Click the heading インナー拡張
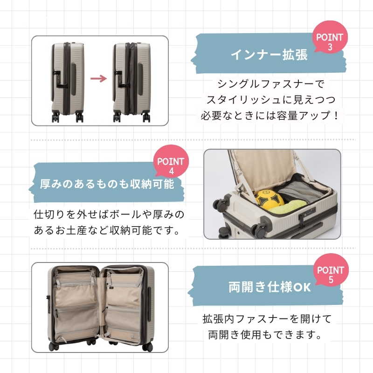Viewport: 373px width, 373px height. pyautogui.click(x=269, y=55)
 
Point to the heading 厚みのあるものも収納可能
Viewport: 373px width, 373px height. pyautogui.click(x=107, y=184)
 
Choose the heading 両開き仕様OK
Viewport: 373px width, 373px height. pyautogui.click(x=270, y=287)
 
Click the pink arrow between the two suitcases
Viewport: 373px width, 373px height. pyautogui.click(x=98, y=78)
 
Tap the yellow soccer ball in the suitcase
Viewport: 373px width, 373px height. pyautogui.click(x=269, y=199)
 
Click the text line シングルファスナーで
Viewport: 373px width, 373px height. pyautogui.click(x=271, y=84)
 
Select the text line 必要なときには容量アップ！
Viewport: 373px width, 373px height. pyautogui.click(x=270, y=116)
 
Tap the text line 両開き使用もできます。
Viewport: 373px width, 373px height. pyautogui.click(x=265, y=335)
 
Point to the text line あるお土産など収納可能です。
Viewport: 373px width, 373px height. pyautogui.click(x=107, y=230)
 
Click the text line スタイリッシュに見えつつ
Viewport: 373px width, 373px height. pyautogui.click(x=271, y=100)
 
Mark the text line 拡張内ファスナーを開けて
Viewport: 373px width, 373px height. pyautogui.click(x=267, y=319)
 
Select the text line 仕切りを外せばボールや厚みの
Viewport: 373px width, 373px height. pyautogui.click(x=109, y=214)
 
